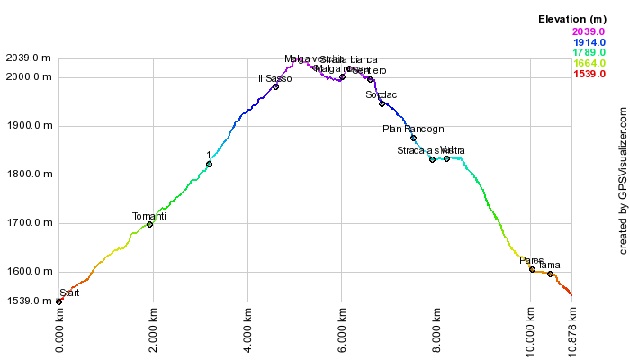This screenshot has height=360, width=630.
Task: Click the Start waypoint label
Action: coord(69,293)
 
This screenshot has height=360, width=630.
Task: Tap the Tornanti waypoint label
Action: coord(149,217)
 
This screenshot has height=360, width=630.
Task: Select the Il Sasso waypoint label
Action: coord(274,79)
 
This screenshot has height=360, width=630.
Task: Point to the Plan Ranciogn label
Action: coord(413,130)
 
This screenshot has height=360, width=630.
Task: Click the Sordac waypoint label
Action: coord(382,95)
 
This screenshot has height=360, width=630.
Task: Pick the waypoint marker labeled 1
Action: coord(209,165)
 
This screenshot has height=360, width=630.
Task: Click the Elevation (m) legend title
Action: coord(571,19)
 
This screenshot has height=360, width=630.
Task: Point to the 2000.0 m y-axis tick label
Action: coord(28,77)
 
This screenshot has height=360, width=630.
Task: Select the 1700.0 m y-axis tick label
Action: coord(28,223)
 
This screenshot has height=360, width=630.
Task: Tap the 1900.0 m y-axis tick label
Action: coord(28,126)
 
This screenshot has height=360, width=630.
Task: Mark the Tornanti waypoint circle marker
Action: coord(149,224)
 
